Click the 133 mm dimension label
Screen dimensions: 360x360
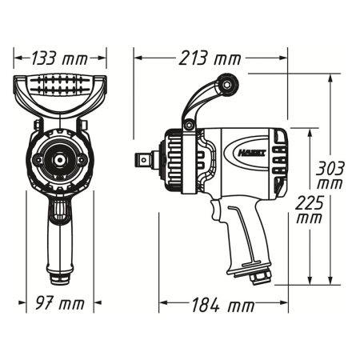[x=59, y=58]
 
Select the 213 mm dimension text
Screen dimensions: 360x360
[x=210, y=58]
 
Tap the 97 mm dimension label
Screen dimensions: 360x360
[x=60, y=303]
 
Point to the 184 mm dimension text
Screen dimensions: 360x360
[x=222, y=305]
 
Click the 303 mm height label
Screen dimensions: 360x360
[x=330, y=175]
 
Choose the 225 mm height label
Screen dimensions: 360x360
[x=310, y=210]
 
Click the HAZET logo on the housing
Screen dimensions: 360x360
[x=251, y=153]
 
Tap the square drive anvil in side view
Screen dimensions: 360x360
[x=145, y=160]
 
